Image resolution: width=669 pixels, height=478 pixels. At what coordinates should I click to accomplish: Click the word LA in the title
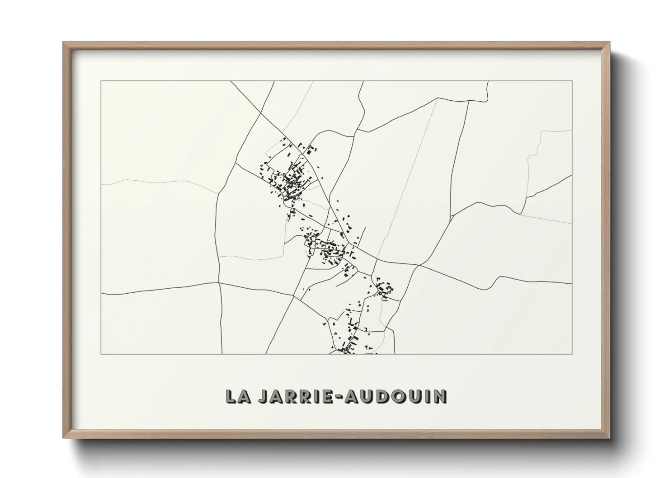(x=238, y=396)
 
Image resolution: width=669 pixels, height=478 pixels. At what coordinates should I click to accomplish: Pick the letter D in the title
(x=381, y=396)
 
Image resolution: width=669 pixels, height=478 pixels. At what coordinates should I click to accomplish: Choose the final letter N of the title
(x=440, y=396)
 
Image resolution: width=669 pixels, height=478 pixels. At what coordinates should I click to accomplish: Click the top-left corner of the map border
(x=101, y=81)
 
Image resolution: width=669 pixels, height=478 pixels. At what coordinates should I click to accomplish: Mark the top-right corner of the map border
(x=572, y=81)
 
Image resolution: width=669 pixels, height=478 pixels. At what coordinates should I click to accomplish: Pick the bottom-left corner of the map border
(x=101, y=354)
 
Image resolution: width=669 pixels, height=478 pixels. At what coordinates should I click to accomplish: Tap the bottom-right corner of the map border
(x=572, y=354)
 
